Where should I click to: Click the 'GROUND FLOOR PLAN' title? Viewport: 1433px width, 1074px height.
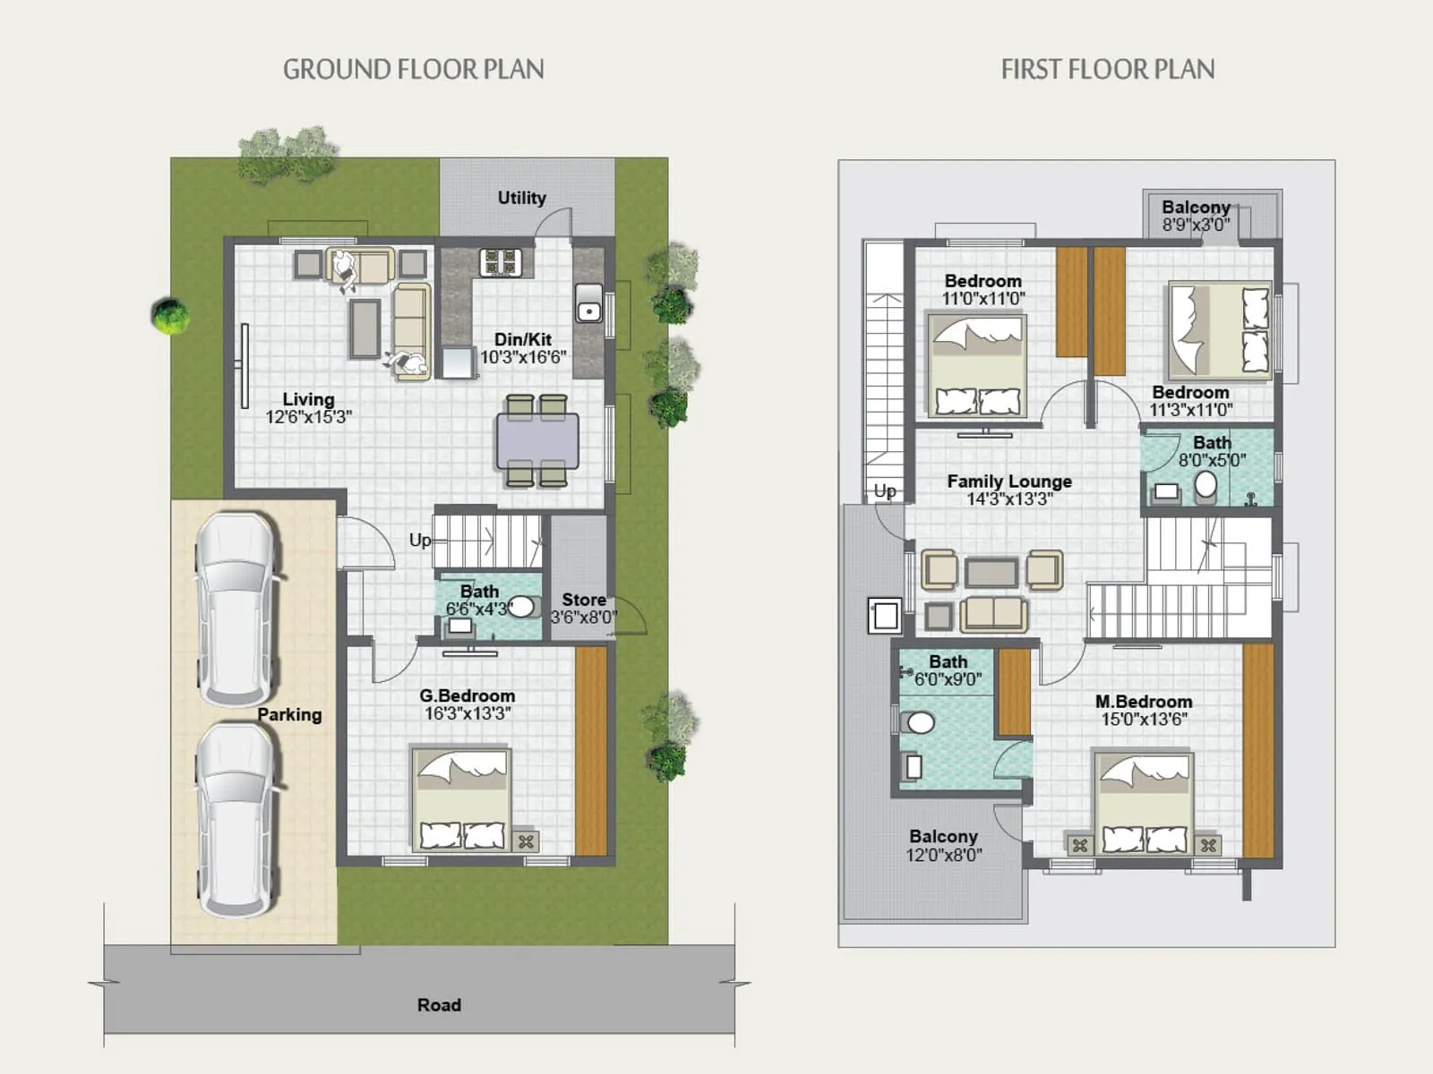pos(413,70)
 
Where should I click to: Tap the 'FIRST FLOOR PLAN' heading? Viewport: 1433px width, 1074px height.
pos(1107,70)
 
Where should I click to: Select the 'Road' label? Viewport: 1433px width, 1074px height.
pos(439,1005)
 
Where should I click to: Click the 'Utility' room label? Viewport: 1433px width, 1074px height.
pos(521,198)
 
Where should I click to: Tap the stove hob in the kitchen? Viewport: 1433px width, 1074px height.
pos(501,262)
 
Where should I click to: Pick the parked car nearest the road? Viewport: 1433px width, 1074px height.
pos(236,819)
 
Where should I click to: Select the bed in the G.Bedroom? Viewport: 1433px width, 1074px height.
pos(460,799)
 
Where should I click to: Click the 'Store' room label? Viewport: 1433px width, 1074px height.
pos(583,600)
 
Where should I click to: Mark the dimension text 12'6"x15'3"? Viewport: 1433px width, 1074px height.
pos(308,417)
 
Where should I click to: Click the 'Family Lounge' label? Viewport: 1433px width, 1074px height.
pos(1009,482)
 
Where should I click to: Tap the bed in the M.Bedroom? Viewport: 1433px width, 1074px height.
pos(1144,803)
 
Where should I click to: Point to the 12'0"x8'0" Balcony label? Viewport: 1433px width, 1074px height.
pos(943,845)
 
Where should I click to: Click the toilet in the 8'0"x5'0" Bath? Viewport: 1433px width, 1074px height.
pos(1206,486)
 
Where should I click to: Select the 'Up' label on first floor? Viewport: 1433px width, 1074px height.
pos(884,490)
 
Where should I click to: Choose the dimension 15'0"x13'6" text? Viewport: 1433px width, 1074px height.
pos(1144,720)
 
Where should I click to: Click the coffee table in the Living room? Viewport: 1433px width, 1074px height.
pos(365,328)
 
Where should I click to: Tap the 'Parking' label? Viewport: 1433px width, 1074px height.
pos(289,714)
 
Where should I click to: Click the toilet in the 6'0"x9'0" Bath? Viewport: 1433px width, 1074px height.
pos(920,722)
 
